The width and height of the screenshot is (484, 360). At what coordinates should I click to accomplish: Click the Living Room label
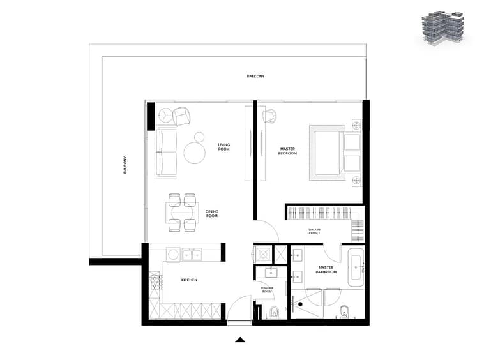pyautogui.click(x=223, y=147)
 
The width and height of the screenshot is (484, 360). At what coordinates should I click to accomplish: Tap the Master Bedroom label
pyautogui.click(x=287, y=151)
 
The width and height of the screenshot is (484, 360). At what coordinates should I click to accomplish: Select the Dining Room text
pyautogui.click(x=212, y=213)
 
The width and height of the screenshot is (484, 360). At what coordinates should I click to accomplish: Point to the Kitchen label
pyautogui.click(x=189, y=280)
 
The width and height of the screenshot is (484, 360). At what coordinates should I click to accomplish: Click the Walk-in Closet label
pyautogui.click(x=314, y=231)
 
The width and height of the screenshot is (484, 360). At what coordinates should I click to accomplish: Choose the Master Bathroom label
pyautogui.click(x=326, y=269)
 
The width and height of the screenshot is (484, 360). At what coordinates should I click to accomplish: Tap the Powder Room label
pyautogui.click(x=267, y=289)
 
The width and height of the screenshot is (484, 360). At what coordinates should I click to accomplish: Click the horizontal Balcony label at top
pyautogui.click(x=255, y=76)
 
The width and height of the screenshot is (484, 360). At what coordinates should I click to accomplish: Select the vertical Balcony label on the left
pyautogui.click(x=125, y=165)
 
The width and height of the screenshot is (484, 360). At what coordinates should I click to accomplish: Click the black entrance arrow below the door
pyautogui.click(x=240, y=340)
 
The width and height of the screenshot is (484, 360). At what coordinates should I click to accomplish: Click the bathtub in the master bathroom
pyautogui.click(x=356, y=267)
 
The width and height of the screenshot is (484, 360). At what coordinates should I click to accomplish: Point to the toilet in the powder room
pyautogui.click(x=274, y=312)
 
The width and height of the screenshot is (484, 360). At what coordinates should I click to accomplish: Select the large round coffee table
pyautogui.click(x=195, y=153)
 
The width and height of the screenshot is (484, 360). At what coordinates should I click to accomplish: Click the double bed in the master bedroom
pyautogui.click(x=335, y=153)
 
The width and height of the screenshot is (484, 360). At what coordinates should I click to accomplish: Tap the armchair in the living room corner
pyautogui.click(x=181, y=116)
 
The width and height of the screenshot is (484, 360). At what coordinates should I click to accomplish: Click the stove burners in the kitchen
pyautogui.click(x=156, y=282)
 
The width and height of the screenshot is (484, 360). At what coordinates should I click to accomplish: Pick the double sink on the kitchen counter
pyautogui.click(x=192, y=255)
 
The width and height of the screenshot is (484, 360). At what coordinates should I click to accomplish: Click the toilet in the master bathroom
pyautogui.click(x=344, y=312)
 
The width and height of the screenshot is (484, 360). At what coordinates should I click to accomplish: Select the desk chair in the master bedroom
pyautogui.click(x=269, y=116)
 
